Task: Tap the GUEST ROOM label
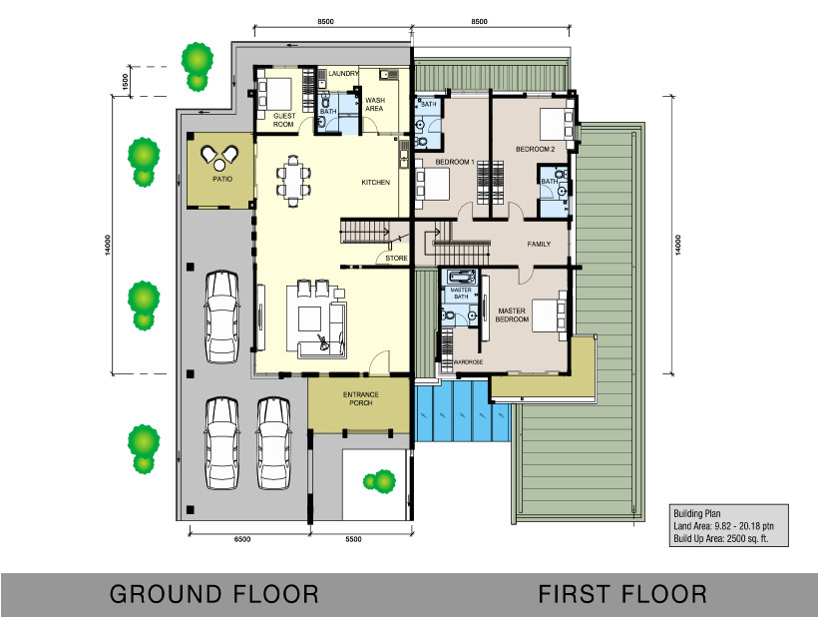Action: [284, 120]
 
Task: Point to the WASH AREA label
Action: [375, 105]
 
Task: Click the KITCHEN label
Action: [375, 183]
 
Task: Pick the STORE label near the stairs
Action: [396, 259]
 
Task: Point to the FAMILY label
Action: [540, 244]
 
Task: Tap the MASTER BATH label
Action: [460, 293]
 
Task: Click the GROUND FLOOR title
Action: [213, 595]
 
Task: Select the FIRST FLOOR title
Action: [622, 595]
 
